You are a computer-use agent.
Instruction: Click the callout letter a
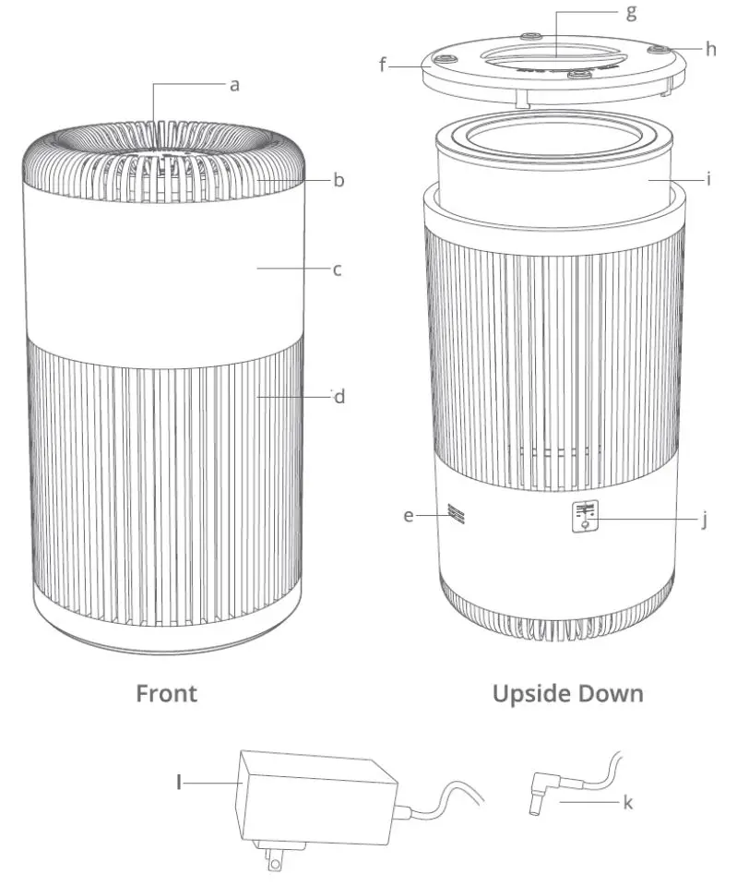[235, 85]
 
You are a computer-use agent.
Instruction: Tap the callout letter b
[339, 180]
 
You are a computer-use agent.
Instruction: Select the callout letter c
[338, 270]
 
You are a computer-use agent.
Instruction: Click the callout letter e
[409, 516]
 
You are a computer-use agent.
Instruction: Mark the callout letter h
[710, 48]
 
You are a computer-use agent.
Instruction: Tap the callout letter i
[708, 179]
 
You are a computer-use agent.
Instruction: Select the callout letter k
[627, 803]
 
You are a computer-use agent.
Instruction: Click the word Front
[167, 693]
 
